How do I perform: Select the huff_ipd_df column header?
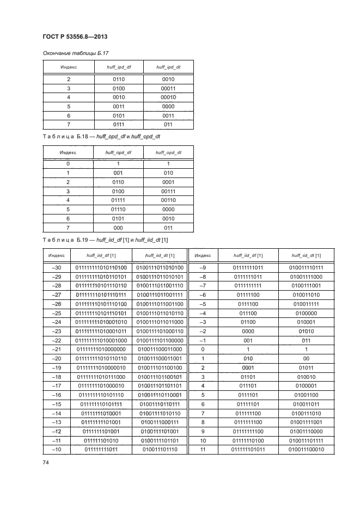point(118,66)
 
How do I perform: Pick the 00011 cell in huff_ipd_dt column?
point(168,88)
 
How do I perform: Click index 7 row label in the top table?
point(68,125)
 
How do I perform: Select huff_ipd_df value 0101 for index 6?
point(118,115)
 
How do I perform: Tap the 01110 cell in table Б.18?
point(118,208)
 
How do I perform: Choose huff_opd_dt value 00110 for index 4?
point(168,199)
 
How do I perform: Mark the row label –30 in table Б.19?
point(56,267)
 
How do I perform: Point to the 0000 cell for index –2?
point(248,330)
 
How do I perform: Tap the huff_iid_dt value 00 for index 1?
point(306,358)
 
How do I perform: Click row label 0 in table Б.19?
point(203,348)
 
